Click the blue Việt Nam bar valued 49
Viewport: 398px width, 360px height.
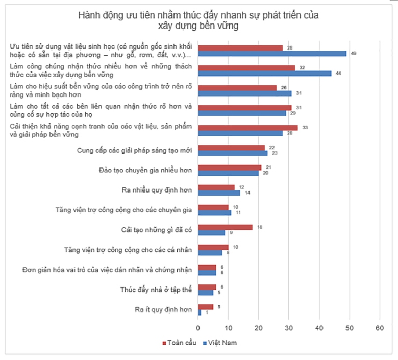tap(272, 53)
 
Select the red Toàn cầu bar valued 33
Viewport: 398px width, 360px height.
tap(247, 128)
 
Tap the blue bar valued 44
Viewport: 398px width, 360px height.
tap(264, 73)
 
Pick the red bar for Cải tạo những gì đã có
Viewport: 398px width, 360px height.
tap(225, 227)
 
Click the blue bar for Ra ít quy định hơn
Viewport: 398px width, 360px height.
tap(200, 313)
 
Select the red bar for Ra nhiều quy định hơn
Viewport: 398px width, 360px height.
tap(216, 187)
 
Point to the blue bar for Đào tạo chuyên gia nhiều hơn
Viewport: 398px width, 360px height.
tap(228, 173)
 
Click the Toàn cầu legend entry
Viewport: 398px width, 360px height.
tap(178, 342)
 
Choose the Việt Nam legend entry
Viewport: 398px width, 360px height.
tap(219, 342)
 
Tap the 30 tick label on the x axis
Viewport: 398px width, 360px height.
tap(289, 329)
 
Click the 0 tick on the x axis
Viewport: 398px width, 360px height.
tap(198, 329)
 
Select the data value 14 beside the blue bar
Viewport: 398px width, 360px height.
tap(248, 193)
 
